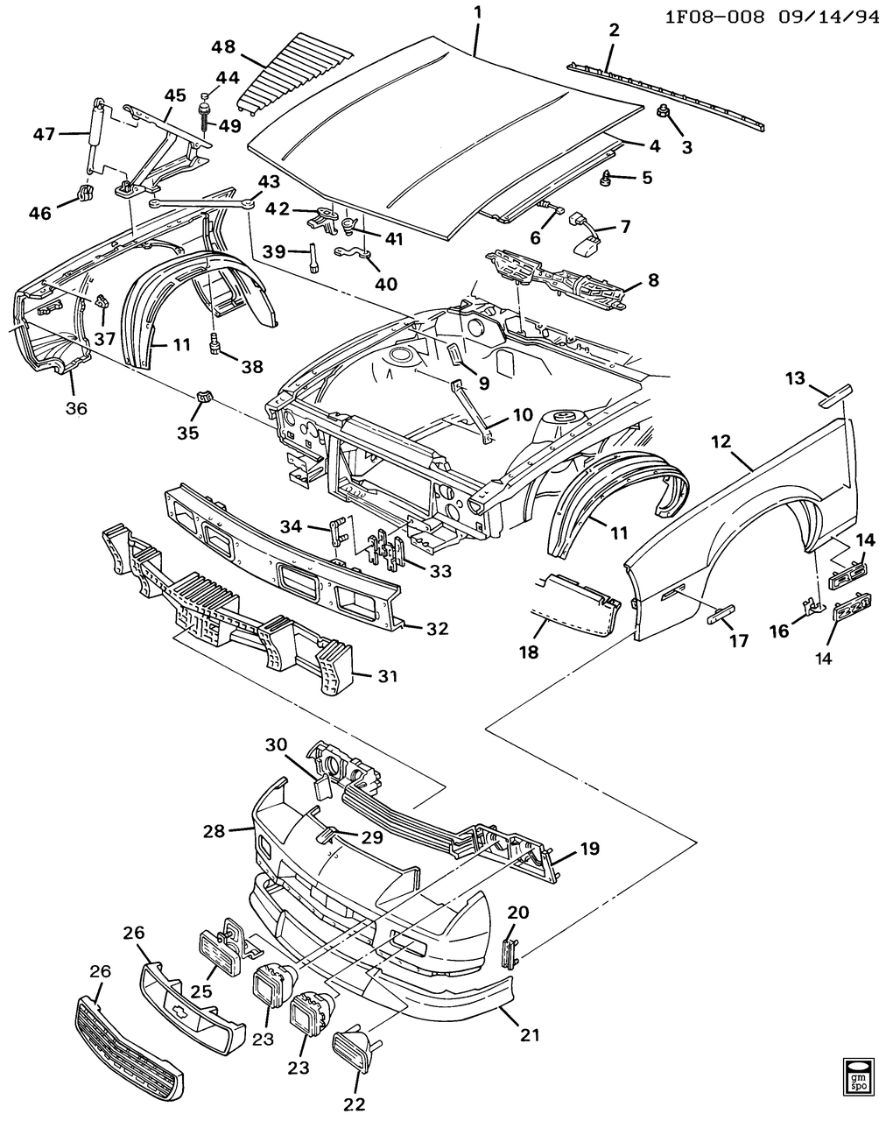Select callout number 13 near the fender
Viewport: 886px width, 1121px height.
click(794, 378)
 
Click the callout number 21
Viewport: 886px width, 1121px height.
click(529, 1034)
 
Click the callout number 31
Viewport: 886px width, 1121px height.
click(388, 676)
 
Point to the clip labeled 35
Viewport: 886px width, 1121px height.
click(204, 398)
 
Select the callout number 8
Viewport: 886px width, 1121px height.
click(653, 280)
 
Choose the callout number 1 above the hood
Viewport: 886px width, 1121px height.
click(477, 13)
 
